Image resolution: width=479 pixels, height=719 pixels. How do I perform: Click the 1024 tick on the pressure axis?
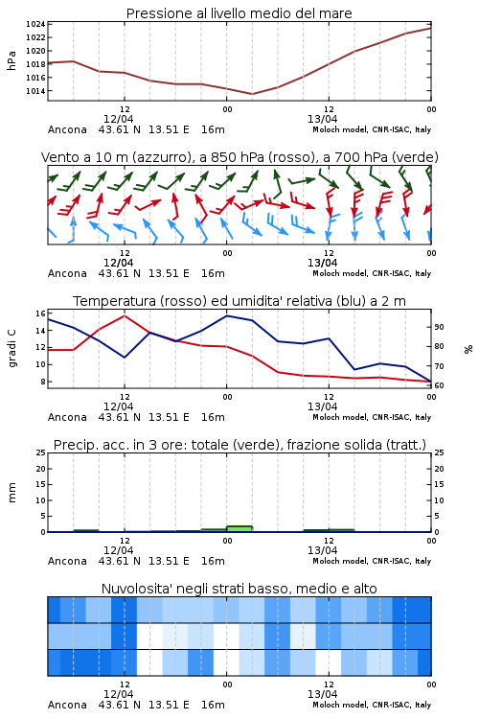[35, 24]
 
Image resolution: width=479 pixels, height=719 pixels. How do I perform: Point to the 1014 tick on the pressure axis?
[35, 91]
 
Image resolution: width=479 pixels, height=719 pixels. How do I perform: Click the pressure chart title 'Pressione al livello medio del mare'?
[239, 13]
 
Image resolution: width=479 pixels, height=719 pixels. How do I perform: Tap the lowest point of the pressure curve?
[252, 94]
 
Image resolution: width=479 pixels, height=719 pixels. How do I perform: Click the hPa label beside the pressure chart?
[11, 60]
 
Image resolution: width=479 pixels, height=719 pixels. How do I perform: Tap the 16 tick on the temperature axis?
[40, 313]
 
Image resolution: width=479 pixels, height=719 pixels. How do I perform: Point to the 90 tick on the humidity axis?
[439, 327]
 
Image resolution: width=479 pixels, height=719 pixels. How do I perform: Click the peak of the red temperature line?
[125, 315]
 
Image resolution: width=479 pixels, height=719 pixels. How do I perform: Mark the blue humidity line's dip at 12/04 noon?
[125, 358]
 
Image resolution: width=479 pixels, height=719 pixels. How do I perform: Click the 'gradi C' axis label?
[11, 348]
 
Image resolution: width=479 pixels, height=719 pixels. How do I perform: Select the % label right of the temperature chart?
[468, 349]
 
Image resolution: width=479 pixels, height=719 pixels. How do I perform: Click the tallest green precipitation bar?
[239, 528]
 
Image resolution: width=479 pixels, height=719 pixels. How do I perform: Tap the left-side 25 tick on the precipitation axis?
[40, 452]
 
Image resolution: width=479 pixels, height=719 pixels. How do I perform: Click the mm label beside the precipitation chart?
[11, 493]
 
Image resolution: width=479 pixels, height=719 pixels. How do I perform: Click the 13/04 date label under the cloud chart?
[322, 694]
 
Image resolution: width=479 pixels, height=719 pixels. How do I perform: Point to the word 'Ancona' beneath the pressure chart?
[67, 129]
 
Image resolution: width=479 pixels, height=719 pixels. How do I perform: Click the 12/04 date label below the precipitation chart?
[118, 550]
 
